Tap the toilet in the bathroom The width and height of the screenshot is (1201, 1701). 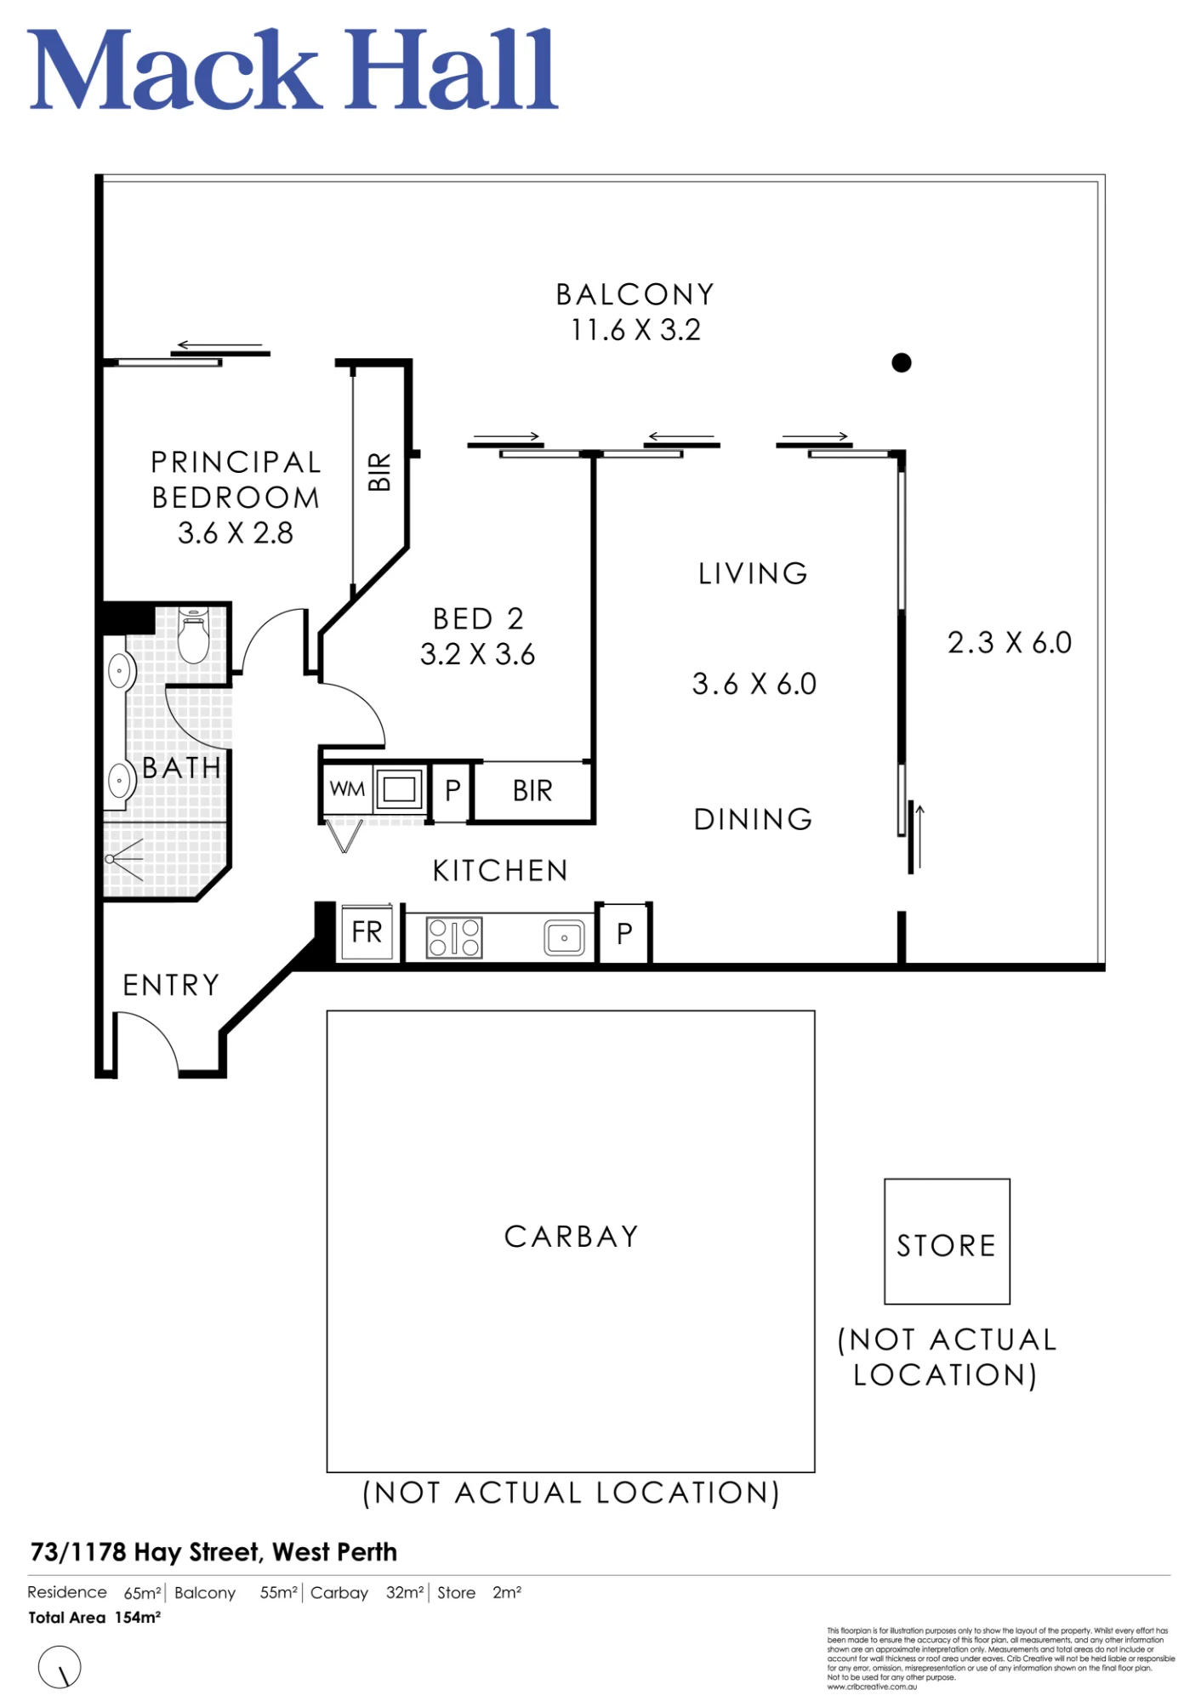[194, 635]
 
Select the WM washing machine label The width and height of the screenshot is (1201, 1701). [347, 789]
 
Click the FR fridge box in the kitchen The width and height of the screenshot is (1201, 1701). [367, 933]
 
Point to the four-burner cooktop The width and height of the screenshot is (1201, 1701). [454, 937]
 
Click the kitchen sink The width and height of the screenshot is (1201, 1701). [564, 938]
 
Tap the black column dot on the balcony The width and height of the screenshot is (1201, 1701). [902, 363]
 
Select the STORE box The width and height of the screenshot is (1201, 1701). [947, 1241]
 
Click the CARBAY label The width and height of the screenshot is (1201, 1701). [572, 1237]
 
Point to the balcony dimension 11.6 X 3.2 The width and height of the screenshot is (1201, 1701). [635, 330]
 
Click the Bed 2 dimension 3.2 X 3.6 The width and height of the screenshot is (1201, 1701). [477, 654]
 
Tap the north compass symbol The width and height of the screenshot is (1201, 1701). [60, 1667]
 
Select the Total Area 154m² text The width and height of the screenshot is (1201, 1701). [94, 1618]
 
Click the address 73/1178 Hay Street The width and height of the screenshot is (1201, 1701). [145, 1552]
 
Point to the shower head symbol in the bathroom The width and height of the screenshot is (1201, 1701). [124, 859]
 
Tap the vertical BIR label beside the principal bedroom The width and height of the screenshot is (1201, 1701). [379, 471]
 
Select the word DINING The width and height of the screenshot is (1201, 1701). [754, 819]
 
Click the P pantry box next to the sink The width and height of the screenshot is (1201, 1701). [624, 934]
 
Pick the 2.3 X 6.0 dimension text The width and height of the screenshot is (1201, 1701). [1010, 643]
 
